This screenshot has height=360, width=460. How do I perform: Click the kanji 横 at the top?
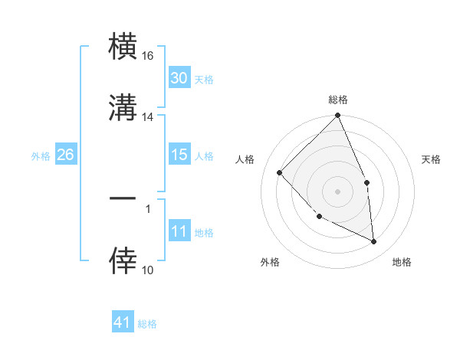pyautogui.click(x=123, y=47)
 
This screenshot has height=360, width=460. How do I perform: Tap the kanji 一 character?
pyautogui.click(x=123, y=198)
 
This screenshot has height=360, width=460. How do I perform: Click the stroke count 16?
pyautogui.click(x=148, y=57)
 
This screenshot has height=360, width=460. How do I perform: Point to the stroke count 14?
pyautogui.click(x=148, y=117)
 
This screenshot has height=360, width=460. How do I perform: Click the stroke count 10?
pyautogui.click(x=148, y=270)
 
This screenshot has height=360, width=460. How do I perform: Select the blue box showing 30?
pyautogui.click(x=179, y=78)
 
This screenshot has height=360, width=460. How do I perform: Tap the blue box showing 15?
pyautogui.click(x=179, y=155)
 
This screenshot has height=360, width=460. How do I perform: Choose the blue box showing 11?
pyautogui.click(x=179, y=231)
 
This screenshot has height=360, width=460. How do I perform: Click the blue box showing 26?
pyautogui.click(x=65, y=155)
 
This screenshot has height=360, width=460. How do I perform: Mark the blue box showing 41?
pyautogui.click(x=123, y=322)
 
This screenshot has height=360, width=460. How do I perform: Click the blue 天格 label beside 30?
pyautogui.click(x=204, y=79)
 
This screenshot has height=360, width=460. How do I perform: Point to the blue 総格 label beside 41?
pyautogui.click(x=147, y=323)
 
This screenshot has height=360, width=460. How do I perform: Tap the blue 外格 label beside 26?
pyautogui.click(x=41, y=155)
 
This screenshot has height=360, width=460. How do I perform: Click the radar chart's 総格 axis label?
pyautogui.click(x=338, y=100)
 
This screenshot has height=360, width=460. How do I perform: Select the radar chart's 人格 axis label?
pyautogui.click(x=246, y=159)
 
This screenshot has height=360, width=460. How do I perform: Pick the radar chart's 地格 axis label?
pyautogui.click(x=402, y=262)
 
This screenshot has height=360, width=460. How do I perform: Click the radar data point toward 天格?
pyautogui.click(x=366, y=182)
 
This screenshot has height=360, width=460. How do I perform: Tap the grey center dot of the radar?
pyautogui.click(x=338, y=191)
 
